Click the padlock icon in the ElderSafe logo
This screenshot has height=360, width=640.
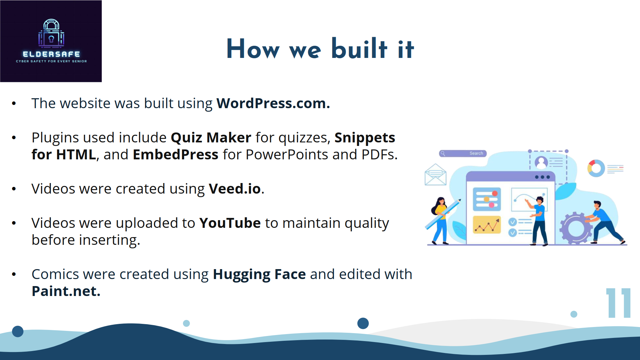tap(51, 33)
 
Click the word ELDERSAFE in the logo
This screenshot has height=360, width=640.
tap(51, 54)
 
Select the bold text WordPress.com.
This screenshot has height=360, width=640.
tap(273, 103)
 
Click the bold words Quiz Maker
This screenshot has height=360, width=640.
tap(211, 138)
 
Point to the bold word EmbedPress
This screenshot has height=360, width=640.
tap(176, 155)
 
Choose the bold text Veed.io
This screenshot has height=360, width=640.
tap(235, 189)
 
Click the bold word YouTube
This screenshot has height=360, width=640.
tap(230, 223)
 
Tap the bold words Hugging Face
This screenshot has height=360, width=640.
tap(259, 275)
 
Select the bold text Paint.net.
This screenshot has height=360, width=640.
tap(66, 291)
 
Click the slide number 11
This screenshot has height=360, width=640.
tap(618, 303)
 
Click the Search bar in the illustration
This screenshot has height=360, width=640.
tap(463, 154)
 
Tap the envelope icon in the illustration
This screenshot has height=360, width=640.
tap(436, 174)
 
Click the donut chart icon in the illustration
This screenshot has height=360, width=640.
tap(596, 168)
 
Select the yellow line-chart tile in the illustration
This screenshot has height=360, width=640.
tap(487, 225)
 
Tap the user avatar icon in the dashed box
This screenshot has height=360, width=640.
tap(541, 162)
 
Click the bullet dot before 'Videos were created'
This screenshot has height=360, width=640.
tap(14, 189)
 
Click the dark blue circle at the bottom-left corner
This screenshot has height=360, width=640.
tap(18, 331)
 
